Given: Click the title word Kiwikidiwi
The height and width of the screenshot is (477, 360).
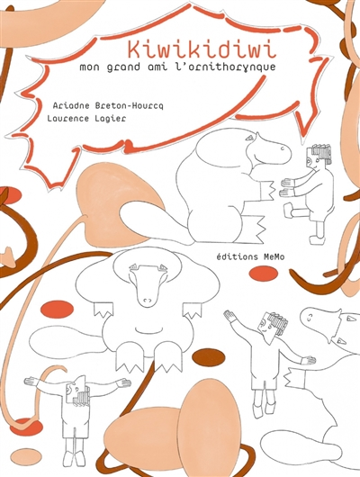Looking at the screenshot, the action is (202, 49).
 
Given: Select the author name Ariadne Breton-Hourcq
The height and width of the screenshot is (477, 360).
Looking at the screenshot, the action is (108, 106).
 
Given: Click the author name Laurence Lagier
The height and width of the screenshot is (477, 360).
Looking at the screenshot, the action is (86, 118).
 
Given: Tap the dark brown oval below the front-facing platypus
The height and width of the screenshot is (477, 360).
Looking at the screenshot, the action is (209, 356).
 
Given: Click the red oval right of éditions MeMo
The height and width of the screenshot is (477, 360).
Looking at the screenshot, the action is (263, 274).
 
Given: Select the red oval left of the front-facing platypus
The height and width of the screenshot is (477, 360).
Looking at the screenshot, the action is (57, 309).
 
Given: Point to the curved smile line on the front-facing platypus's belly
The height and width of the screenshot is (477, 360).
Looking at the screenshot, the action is (148, 330).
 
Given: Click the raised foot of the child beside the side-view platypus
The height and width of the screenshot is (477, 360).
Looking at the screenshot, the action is (289, 211).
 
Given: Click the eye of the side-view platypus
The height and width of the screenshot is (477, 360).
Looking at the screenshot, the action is (250, 138).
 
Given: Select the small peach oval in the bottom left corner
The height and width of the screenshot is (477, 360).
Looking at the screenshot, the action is (27, 456).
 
